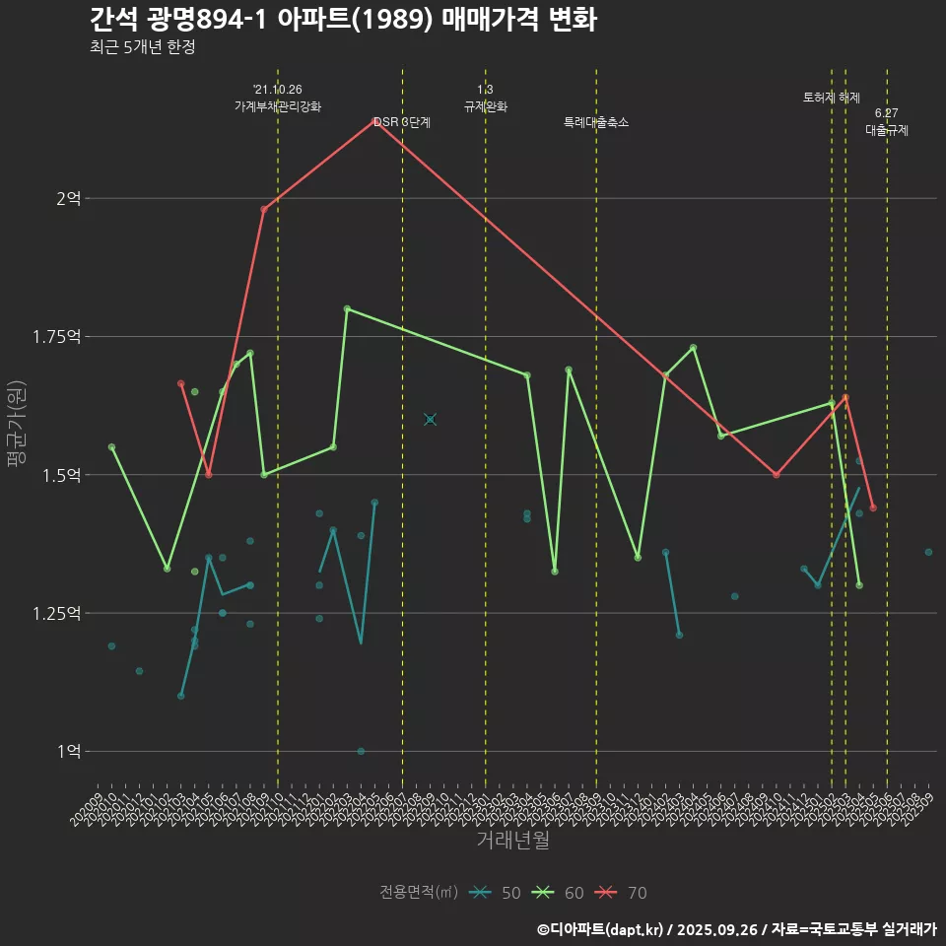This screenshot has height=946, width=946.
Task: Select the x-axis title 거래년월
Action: pos(512,840)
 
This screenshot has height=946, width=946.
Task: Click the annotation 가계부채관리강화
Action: pos(277,106)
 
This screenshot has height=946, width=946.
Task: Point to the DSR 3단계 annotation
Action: pos(401,122)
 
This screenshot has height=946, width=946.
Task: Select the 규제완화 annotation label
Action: pos(485,106)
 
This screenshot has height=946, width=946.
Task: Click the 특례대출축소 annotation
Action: pos(596,122)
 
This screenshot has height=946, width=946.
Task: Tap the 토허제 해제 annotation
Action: pos(831,98)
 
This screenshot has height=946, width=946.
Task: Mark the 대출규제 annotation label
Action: pos(887,129)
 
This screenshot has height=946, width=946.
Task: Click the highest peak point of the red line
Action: pos(373,121)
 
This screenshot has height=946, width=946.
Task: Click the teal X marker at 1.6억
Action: pos(430,419)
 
